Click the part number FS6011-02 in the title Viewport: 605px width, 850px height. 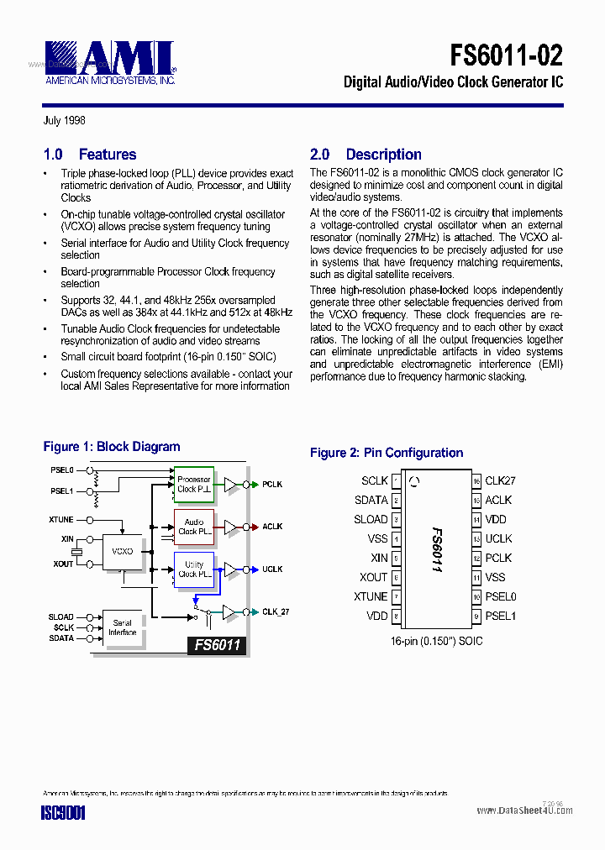tap(506, 55)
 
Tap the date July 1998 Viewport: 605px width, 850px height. tap(64, 121)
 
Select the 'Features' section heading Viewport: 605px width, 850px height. tap(107, 155)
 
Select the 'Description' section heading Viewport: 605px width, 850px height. tap(383, 155)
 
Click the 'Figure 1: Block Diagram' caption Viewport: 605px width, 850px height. tap(111, 447)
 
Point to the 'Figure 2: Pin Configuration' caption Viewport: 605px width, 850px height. tap(387, 453)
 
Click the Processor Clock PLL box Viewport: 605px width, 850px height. tap(194, 485)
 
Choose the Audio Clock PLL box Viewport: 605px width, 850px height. tap(194, 527)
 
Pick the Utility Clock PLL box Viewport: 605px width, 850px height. tap(194, 569)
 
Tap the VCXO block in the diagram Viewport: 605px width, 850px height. tap(123, 551)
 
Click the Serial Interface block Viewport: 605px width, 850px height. tap(123, 627)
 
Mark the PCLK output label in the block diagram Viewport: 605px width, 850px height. tap(272, 485)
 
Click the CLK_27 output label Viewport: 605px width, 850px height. tap(276, 612)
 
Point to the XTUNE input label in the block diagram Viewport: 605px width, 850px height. tap(61, 520)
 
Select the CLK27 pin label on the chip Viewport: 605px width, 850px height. tap(500, 480)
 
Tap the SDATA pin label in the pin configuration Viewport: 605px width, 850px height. tap(371, 500)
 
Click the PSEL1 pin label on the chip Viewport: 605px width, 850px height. tap(500, 616)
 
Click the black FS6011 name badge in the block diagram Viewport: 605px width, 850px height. tap(218, 645)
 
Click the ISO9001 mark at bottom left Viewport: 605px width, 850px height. tap(63, 812)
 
